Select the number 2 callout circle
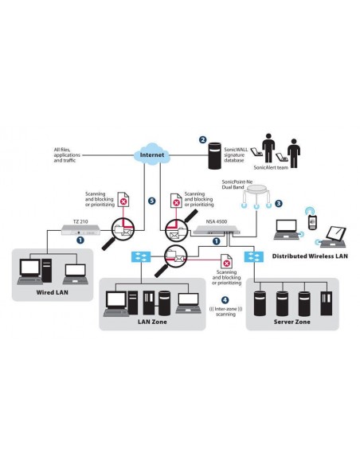(202, 140)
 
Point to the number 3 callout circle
(277, 203)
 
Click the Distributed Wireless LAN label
(310, 256)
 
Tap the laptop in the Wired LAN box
(76, 273)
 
